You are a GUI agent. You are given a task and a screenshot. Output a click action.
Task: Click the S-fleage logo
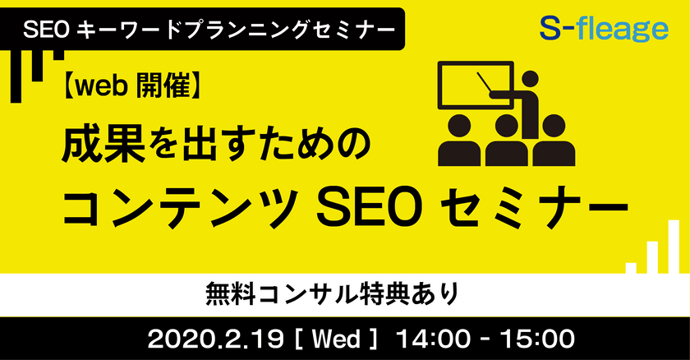point(604,31)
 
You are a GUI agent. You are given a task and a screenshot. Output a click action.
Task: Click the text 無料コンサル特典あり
point(345,291)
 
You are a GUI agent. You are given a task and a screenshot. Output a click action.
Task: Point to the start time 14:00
point(434,337)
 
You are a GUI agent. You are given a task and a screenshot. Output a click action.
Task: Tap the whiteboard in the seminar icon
point(468,85)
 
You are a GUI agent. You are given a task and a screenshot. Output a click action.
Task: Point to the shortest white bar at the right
point(631,267)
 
